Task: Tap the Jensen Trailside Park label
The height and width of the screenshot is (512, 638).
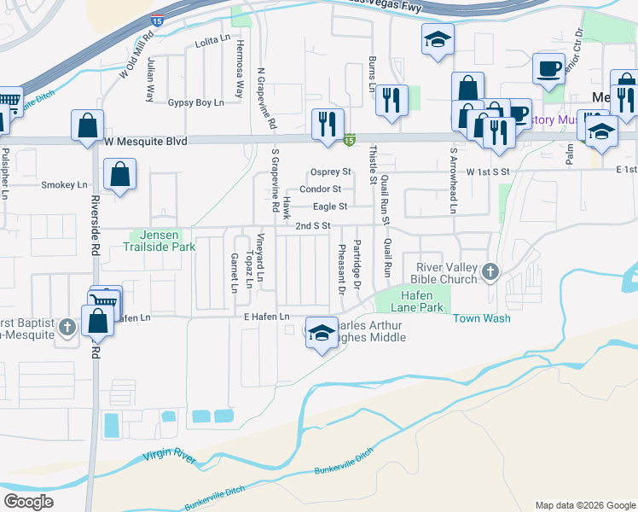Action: point(162,241)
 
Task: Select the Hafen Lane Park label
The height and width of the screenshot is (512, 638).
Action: point(418,300)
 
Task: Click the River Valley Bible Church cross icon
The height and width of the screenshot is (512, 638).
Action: point(490,271)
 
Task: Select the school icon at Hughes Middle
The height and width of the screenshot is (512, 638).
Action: point(321,334)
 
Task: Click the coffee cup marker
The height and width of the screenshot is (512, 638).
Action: point(548,67)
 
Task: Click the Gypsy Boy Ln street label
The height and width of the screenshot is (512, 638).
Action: point(195,102)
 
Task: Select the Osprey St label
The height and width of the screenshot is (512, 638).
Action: point(331,172)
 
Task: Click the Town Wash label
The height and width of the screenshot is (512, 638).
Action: point(481,318)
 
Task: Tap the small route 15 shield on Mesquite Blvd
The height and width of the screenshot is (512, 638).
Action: point(350,139)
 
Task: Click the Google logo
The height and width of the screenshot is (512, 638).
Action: point(29,501)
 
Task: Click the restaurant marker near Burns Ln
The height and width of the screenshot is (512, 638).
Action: point(391,98)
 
